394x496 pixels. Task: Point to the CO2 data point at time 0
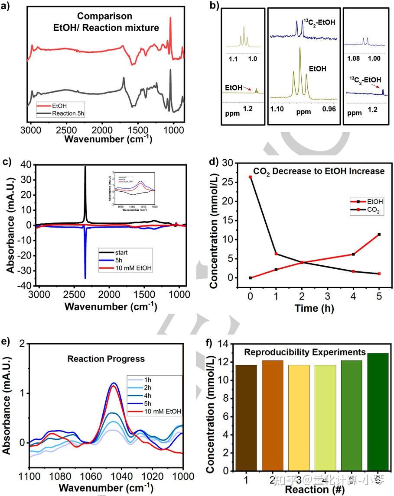pyautogui.click(x=251, y=177)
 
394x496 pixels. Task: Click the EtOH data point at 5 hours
pyautogui.click(x=379, y=234)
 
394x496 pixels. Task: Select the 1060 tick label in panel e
pyautogui.click(x=91, y=476)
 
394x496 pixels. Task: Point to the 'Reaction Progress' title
pyautogui.click(x=106, y=359)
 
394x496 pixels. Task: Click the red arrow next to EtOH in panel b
pyautogui.click(x=248, y=88)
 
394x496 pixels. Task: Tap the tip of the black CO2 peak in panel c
pyautogui.click(x=85, y=167)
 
